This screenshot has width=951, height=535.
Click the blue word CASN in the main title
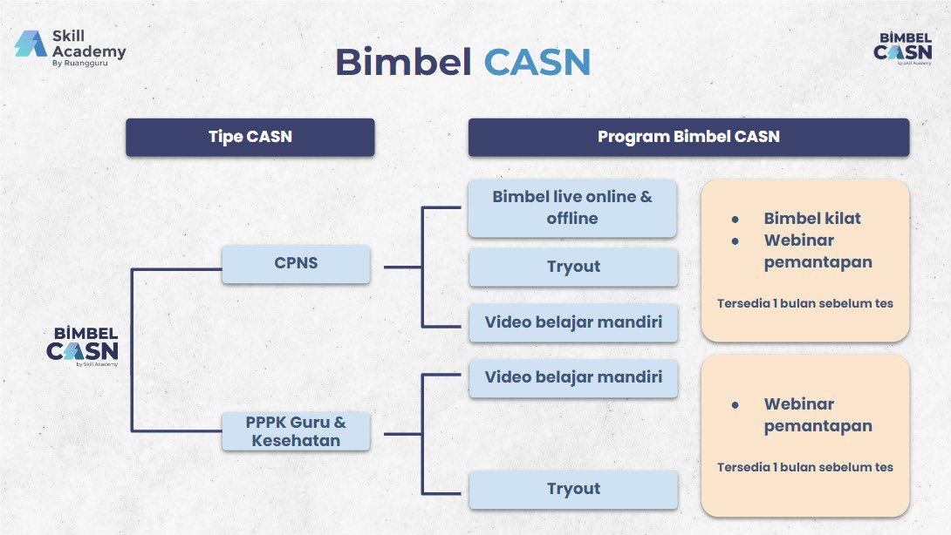(537, 62)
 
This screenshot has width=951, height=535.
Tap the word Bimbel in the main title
(404, 62)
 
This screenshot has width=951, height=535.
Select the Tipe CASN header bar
(250, 137)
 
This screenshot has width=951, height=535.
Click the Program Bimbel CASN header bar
(688, 137)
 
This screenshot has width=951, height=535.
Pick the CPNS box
(296, 263)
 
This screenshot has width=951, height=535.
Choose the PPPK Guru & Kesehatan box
(296, 430)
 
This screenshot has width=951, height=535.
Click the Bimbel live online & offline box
(572, 207)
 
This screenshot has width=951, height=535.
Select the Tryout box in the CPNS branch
(573, 267)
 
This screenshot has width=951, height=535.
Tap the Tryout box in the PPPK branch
(573, 489)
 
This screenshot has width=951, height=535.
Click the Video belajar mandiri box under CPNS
(573, 322)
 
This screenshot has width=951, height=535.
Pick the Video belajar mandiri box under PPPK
(573, 377)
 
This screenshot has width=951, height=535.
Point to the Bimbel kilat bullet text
(812, 218)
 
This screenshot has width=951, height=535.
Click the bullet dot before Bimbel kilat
(735, 220)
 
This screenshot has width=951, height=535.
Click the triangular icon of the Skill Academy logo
(31, 44)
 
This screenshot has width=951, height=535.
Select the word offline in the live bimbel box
(572, 218)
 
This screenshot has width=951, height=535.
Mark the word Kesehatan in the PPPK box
(296, 441)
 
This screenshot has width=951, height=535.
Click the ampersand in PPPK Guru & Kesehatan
(339, 423)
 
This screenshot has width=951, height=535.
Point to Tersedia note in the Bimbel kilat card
(804, 303)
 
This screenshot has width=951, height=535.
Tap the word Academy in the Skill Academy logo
(89, 52)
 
